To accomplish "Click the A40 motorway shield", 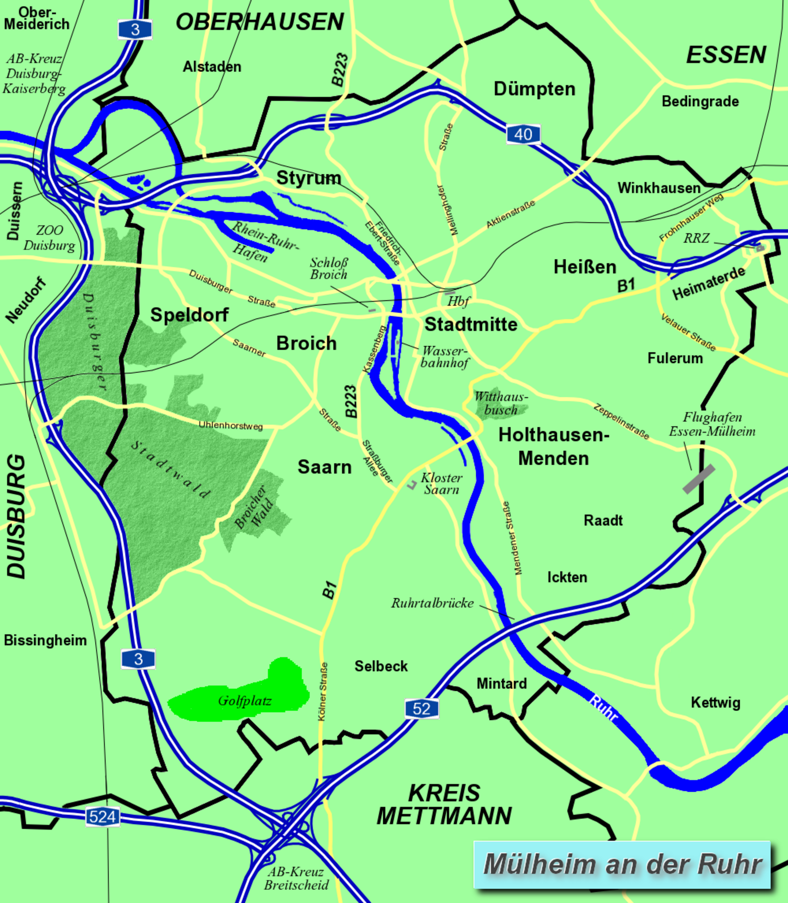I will [523, 134].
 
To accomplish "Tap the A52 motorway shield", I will [422, 709].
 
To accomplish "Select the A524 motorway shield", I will [102, 817].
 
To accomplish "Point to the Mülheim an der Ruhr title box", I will [622, 865].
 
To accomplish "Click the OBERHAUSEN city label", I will [260, 22].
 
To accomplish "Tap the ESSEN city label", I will [726, 55].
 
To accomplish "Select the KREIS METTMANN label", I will [444, 805].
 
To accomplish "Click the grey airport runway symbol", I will [698, 479].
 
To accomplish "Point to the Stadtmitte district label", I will [471, 324].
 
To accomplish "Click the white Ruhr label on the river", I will [603, 708].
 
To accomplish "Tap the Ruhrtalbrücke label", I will [432, 603].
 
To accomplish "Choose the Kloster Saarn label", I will [441, 484].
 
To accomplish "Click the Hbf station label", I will [458, 301].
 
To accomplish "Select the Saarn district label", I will [325, 467].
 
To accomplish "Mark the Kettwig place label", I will [715, 703].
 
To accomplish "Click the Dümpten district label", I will [534, 89].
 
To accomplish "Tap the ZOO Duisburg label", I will [49, 237].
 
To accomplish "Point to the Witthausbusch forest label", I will [501, 403].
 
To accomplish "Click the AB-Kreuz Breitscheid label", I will [296, 878].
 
